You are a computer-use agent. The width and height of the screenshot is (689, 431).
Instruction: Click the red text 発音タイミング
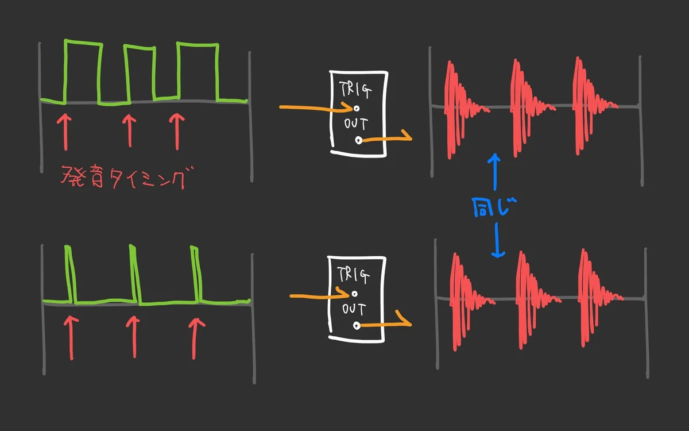click(123, 177)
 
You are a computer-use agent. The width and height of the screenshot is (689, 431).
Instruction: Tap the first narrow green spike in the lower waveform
click(71, 274)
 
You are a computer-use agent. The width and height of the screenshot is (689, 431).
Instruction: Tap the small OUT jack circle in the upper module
click(358, 140)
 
